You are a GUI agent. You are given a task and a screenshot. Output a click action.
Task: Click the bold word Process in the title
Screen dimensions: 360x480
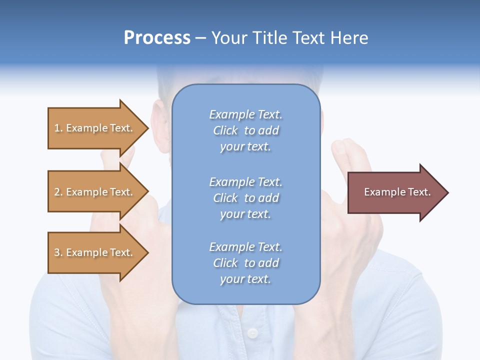[157, 38]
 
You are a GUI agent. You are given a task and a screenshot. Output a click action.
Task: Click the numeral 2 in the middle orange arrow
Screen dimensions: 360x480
[57, 192]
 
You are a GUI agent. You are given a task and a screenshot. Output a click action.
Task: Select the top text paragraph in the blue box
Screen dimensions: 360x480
[245, 130]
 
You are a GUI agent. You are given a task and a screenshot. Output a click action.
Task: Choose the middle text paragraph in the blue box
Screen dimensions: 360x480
[245, 198]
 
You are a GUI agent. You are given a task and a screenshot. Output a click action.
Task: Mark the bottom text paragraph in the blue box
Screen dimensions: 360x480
[245, 263]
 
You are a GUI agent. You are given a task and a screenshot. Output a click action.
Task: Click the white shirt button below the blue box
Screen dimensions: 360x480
[252, 332]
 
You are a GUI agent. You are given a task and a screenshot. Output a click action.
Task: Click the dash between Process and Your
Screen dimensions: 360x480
[200, 38]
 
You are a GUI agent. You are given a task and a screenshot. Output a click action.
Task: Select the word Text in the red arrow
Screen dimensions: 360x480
[419, 192]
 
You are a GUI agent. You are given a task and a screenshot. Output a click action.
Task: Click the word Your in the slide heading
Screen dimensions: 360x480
[230, 38]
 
